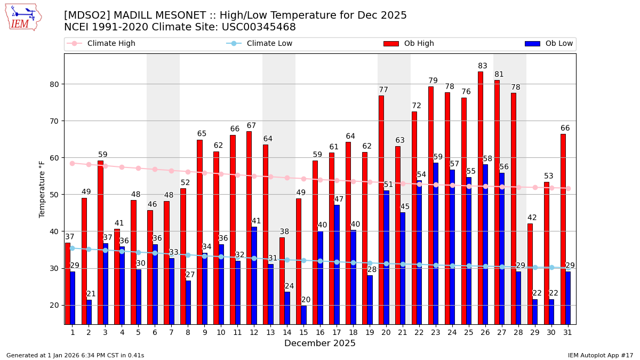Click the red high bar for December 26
coord(480,197)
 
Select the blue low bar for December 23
coord(436,243)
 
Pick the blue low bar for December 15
coord(304,315)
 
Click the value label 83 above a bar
coord(483,66)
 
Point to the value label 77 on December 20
coord(383,90)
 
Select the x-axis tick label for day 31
coord(568,332)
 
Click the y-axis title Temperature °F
coord(42,189)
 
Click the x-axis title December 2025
coord(320,343)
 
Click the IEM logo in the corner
coord(23,17)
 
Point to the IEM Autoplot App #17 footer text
coord(601,355)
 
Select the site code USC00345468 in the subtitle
coord(258,27)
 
